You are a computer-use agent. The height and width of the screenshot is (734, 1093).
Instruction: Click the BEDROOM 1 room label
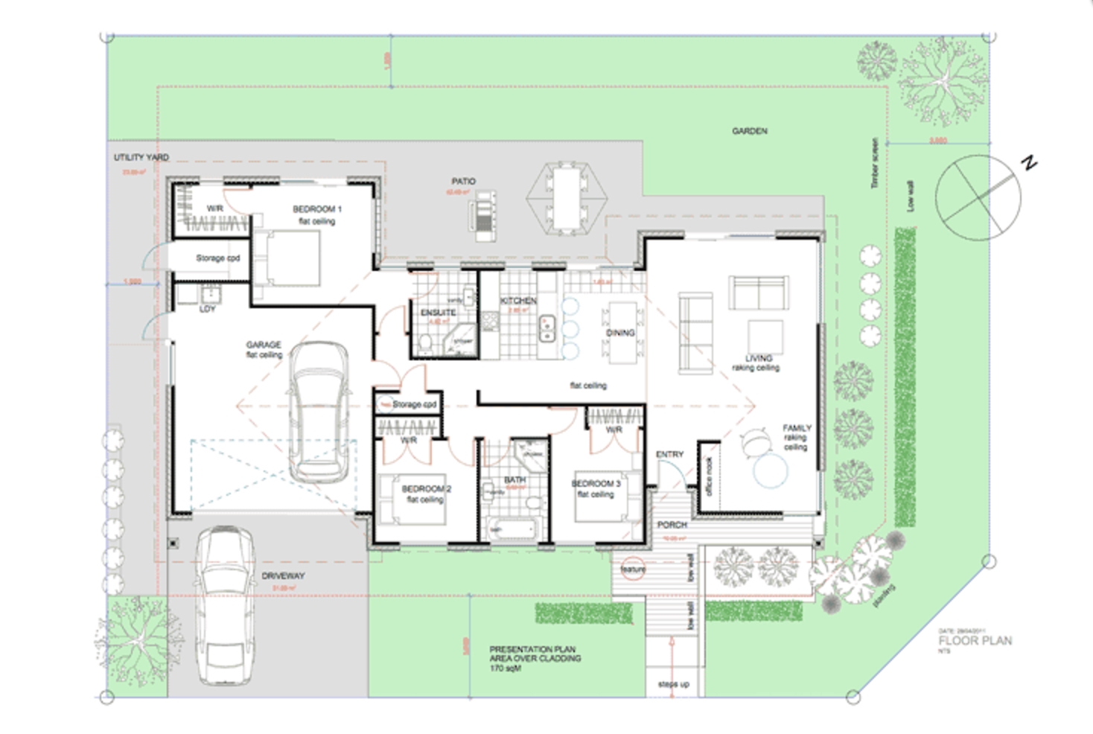coord(317,209)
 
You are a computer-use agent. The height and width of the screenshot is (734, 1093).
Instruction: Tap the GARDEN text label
coord(749,131)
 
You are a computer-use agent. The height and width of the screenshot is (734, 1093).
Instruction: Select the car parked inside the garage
coord(319,412)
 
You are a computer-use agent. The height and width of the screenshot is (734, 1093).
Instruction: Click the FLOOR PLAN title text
coord(975,641)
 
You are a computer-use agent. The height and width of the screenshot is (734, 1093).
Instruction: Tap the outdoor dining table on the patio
coord(567,198)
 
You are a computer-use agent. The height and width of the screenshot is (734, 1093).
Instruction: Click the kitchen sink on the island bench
coord(549,328)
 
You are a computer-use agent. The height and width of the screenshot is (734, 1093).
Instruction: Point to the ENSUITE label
coord(438,313)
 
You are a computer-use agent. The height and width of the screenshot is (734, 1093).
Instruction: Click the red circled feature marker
coord(634,569)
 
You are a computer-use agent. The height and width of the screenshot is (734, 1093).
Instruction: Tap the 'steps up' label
coord(673,684)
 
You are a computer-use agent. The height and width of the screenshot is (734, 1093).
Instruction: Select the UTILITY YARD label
coord(141,158)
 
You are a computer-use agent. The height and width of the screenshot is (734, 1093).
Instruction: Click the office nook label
coord(710,477)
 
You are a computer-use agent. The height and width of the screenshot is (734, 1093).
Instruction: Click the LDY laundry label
coord(207,309)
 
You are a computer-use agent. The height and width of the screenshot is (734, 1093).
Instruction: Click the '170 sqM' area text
coord(506,668)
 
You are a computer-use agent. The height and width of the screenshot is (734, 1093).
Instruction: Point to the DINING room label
coord(620,333)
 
